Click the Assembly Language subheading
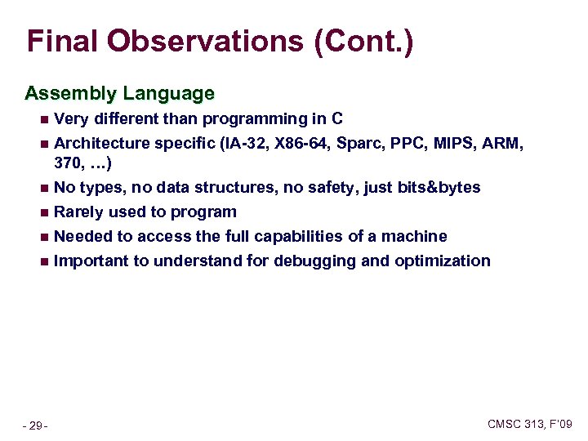119,94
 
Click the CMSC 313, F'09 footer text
529,424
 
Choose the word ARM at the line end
504,144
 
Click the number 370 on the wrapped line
67,163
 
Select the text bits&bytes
439,188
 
